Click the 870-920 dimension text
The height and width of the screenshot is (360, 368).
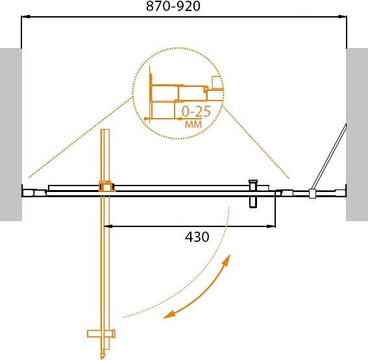pos(173,6)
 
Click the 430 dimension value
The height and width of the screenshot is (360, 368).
pos(197,237)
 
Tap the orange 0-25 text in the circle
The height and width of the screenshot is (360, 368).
pos(196,112)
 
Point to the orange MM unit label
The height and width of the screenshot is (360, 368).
pos(193,125)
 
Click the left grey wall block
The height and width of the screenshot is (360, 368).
pos(11,135)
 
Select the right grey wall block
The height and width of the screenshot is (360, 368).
pos(357,135)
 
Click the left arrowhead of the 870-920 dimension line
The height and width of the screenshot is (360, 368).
pos(25,17)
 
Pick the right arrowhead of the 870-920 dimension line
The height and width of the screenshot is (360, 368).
pos(343,17)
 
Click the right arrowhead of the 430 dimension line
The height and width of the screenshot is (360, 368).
pos(271,226)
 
